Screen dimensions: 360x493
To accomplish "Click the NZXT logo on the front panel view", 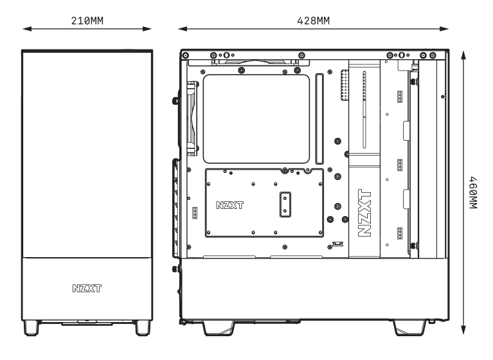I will tap(87, 282).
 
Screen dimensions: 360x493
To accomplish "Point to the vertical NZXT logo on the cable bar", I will tap(364, 213).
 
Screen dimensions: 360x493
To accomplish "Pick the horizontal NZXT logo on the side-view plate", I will tap(230, 206).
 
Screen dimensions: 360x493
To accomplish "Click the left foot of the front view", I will tap(31, 328).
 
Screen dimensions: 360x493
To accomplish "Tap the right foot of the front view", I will tap(143, 328).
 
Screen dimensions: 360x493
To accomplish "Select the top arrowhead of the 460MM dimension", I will tap(463, 52).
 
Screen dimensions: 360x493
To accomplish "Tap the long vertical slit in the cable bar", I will tap(364, 109).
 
